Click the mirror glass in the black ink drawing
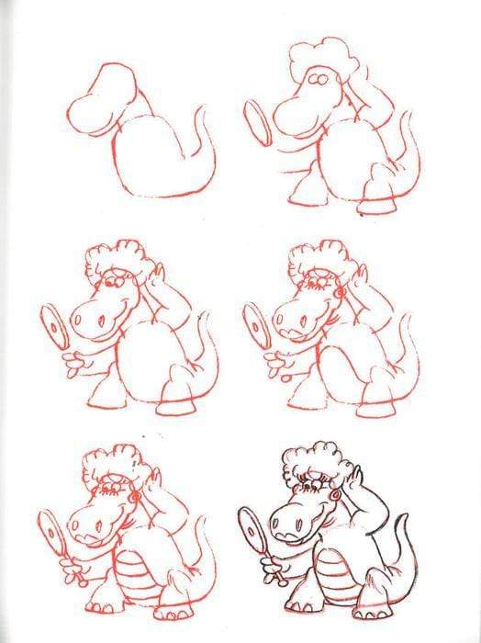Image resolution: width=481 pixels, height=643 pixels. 251,527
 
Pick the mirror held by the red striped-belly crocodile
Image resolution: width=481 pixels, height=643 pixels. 53,527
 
